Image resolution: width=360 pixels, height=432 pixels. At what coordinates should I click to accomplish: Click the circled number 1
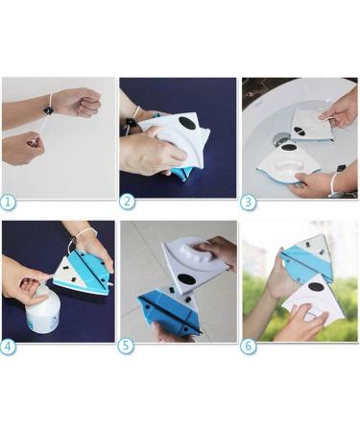[x=8, y=203]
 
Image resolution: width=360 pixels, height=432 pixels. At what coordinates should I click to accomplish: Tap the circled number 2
[x=127, y=202]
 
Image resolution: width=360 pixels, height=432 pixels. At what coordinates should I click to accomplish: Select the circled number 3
[x=248, y=203]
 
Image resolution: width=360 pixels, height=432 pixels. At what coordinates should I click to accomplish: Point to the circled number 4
[x=8, y=348]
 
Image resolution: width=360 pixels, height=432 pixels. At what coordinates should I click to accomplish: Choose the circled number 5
[x=125, y=347]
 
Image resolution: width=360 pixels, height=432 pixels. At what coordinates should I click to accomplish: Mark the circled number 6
[x=250, y=347]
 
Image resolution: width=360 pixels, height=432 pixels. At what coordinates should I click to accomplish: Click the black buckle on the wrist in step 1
[x=49, y=110]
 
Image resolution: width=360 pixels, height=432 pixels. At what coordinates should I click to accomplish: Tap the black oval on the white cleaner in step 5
[x=187, y=279]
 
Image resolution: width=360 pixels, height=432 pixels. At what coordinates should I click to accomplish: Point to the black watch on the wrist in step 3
[x=341, y=168]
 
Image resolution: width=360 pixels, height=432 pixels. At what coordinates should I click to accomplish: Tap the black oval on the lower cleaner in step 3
[x=289, y=148]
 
